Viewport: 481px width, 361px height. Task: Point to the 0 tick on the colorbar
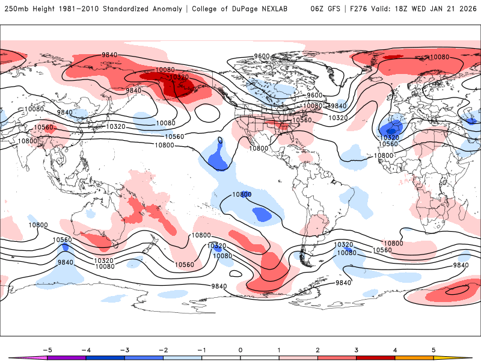[x=240, y=350]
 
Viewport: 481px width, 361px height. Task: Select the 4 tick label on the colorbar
[x=395, y=350]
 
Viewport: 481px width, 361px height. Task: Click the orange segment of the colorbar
[x=414, y=357]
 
